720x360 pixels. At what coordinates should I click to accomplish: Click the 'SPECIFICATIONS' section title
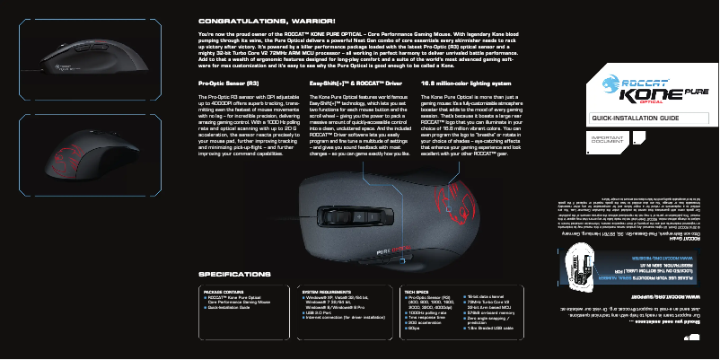click(234, 274)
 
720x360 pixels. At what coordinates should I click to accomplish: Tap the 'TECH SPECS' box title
click(416, 293)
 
